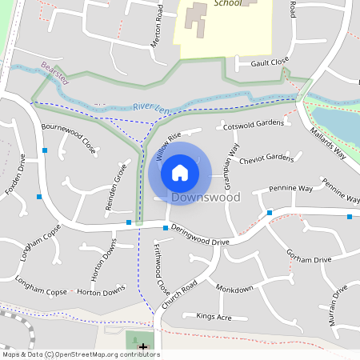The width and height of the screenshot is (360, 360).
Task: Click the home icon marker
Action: (x=180, y=172)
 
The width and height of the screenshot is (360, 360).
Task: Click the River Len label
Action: (x=151, y=106)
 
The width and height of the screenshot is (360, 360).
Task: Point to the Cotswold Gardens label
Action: (x=254, y=124)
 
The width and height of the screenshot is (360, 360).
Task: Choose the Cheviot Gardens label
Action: (x=266, y=158)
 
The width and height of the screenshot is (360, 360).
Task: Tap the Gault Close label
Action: (x=269, y=62)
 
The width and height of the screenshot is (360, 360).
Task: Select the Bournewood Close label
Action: (x=68, y=138)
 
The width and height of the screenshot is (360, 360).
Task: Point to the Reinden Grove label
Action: (x=113, y=187)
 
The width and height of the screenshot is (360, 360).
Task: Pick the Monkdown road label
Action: (x=234, y=287)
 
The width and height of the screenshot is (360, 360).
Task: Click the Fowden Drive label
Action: (x=17, y=174)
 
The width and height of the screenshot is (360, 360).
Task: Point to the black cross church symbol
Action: (x=143, y=347)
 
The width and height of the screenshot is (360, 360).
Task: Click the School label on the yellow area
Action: (x=230, y=3)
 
